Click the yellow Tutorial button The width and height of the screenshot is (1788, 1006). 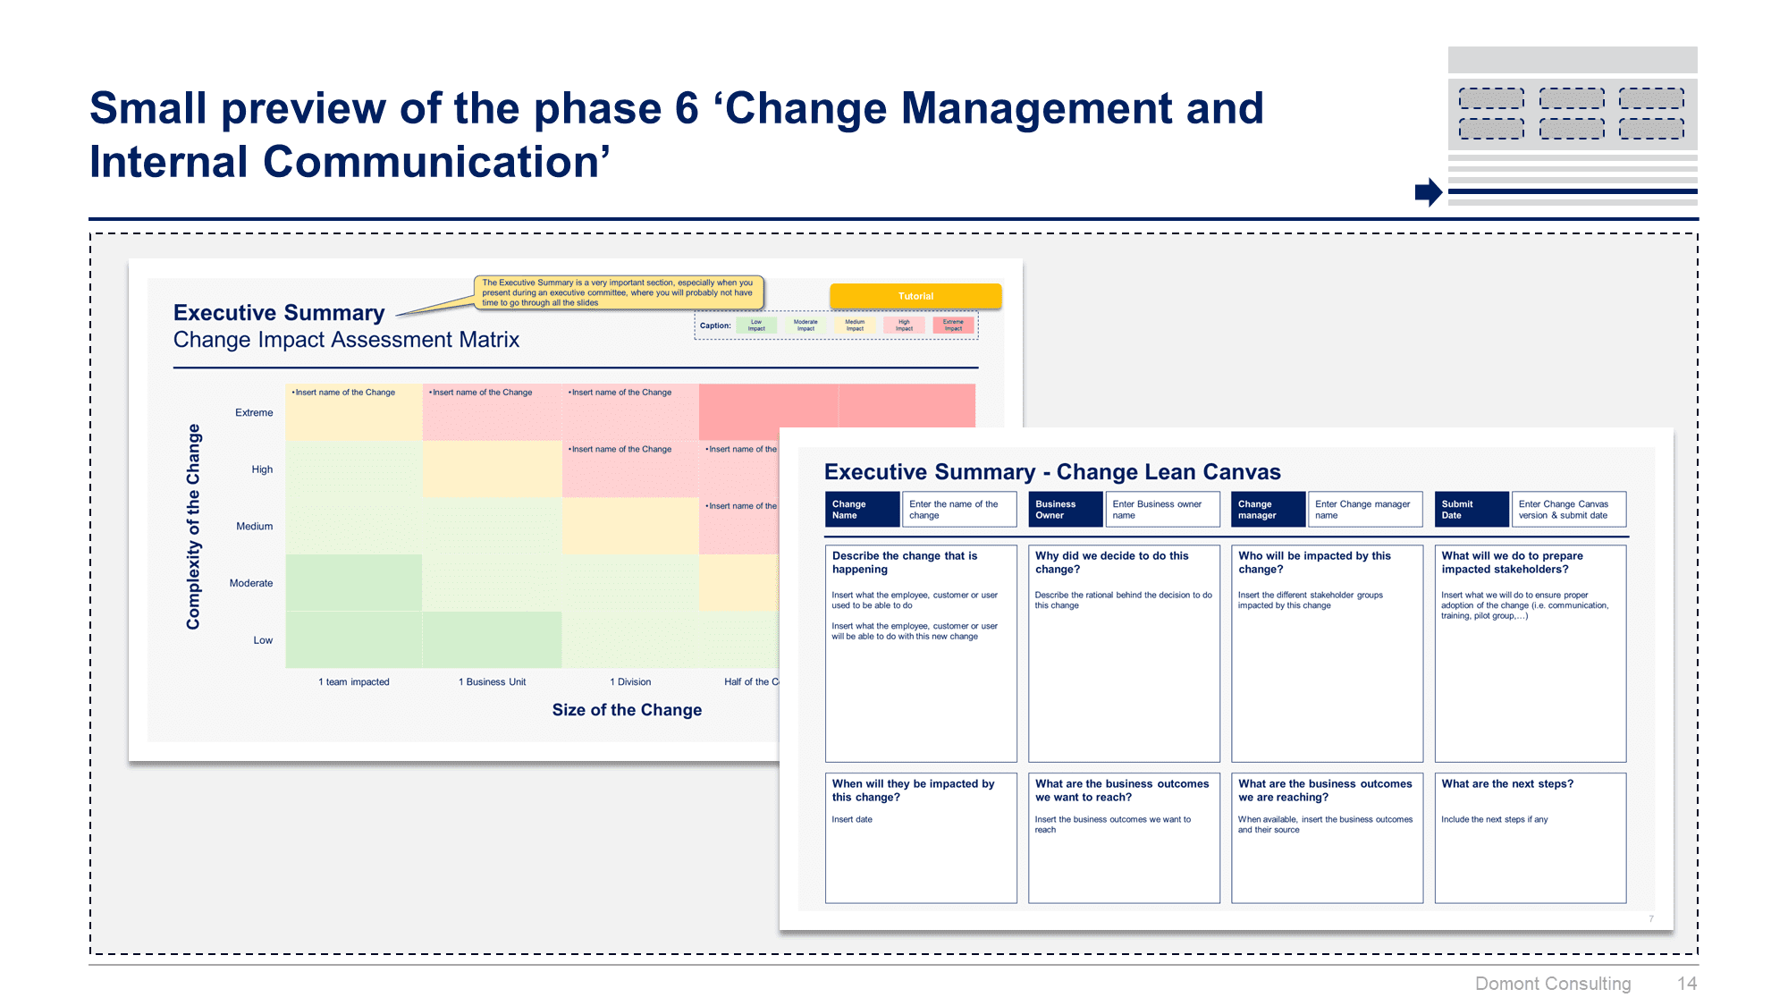click(x=915, y=296)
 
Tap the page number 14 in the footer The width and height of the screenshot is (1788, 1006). click(x=1686, y=984)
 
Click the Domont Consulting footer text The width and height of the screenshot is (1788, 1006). click(x=1552, y=984)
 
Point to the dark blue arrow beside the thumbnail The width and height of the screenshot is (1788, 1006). click(x=1428, y=191)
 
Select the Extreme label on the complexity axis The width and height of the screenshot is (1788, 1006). click(x=254, y=412)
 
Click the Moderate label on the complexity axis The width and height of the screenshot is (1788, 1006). click(x=251, y=583)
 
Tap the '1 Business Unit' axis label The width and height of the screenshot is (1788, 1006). click(x=492, y=681)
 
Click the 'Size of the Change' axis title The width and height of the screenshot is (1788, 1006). click(x=627, y=710)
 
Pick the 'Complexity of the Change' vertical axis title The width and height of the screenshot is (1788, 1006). click(x=193, y=527)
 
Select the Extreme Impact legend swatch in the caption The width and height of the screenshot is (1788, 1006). click(x=953, y=325)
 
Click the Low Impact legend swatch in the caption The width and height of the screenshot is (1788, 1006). click(x=756, y=325)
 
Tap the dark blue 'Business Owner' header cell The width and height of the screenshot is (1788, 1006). click(x=1065, y=510)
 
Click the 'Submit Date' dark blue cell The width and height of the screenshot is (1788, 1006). click(x=1471, y=510)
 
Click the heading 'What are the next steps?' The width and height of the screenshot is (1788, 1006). click(x=1507, y=783)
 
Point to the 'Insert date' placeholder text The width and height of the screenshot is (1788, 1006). click(x=852, y=819)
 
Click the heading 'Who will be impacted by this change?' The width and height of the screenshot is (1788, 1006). click(x=1314, y=562)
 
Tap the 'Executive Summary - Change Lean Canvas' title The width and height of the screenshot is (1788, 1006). click(x=1052, y=472)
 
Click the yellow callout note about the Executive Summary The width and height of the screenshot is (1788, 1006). click(x=618, y=292)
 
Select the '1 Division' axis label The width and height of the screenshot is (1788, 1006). click(x=630, y=681)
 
